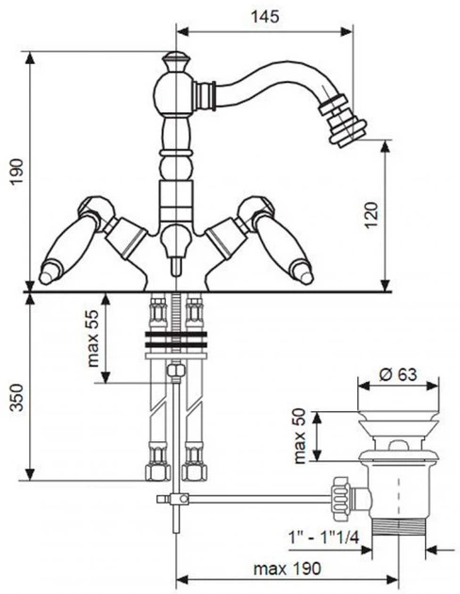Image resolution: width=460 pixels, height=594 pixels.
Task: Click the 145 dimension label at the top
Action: point(265,17)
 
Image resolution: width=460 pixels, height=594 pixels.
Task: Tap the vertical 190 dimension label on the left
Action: point(17,172)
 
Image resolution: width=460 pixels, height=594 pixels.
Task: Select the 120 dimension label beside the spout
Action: point(371,215)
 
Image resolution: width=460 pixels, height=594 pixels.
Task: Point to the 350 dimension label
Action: point(17,397)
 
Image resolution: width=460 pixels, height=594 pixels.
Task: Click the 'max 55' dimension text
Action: point(92,338)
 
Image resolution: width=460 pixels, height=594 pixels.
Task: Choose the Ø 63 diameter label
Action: point(398,374)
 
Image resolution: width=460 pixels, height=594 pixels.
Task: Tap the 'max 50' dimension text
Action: point(300,436)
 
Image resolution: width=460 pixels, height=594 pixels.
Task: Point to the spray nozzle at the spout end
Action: point(342,120)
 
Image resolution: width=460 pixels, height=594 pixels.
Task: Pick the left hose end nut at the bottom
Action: point(157,472)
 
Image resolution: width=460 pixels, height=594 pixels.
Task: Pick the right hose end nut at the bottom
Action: point(194,472)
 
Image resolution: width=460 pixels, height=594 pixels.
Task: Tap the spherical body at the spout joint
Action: point(175,92)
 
